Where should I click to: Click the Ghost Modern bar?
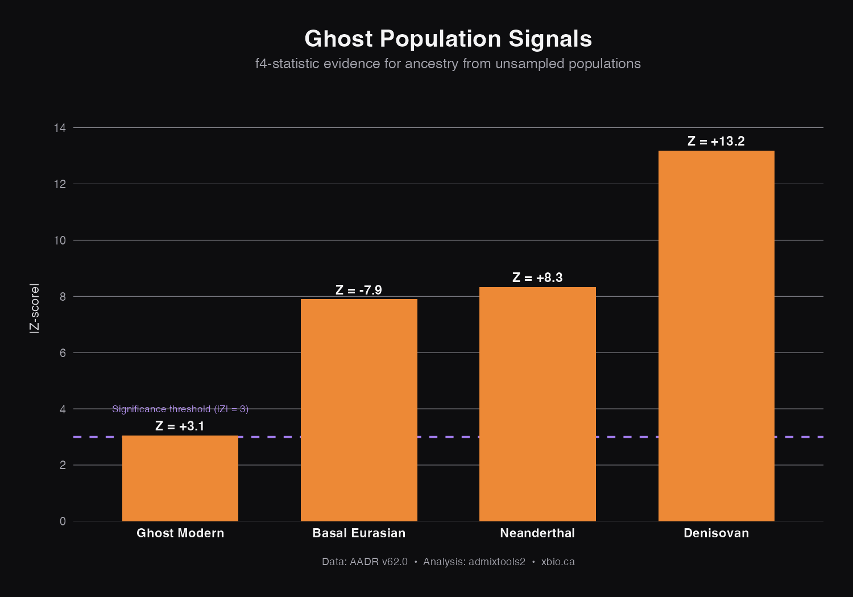coord(180,478)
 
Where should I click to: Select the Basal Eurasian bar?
coord(359,410)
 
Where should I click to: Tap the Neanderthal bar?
coord(537,404)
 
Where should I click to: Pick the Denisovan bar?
coord(716,335)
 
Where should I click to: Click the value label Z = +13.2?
coord(716,141)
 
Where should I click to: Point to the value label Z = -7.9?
coord(359,290)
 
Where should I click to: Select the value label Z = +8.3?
coord(537,277)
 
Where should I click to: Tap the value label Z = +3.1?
coord(180,426)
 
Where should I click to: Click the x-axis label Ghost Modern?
coord(180,533)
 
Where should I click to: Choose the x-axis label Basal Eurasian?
coord(359,533)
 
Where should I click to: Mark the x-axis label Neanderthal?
coord(537,533)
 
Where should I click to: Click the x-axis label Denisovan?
coord(716,533)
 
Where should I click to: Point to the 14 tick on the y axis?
coord(60,128)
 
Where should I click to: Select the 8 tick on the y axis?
coord(62,297)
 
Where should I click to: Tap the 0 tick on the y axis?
coord(63,521)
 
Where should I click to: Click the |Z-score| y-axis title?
coord(35,308)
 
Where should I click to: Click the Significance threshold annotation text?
coord(180,409)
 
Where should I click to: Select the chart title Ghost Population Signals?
coord(448,39)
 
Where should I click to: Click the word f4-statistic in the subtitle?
coord(287,64)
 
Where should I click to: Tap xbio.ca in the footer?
coord(558,562)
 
